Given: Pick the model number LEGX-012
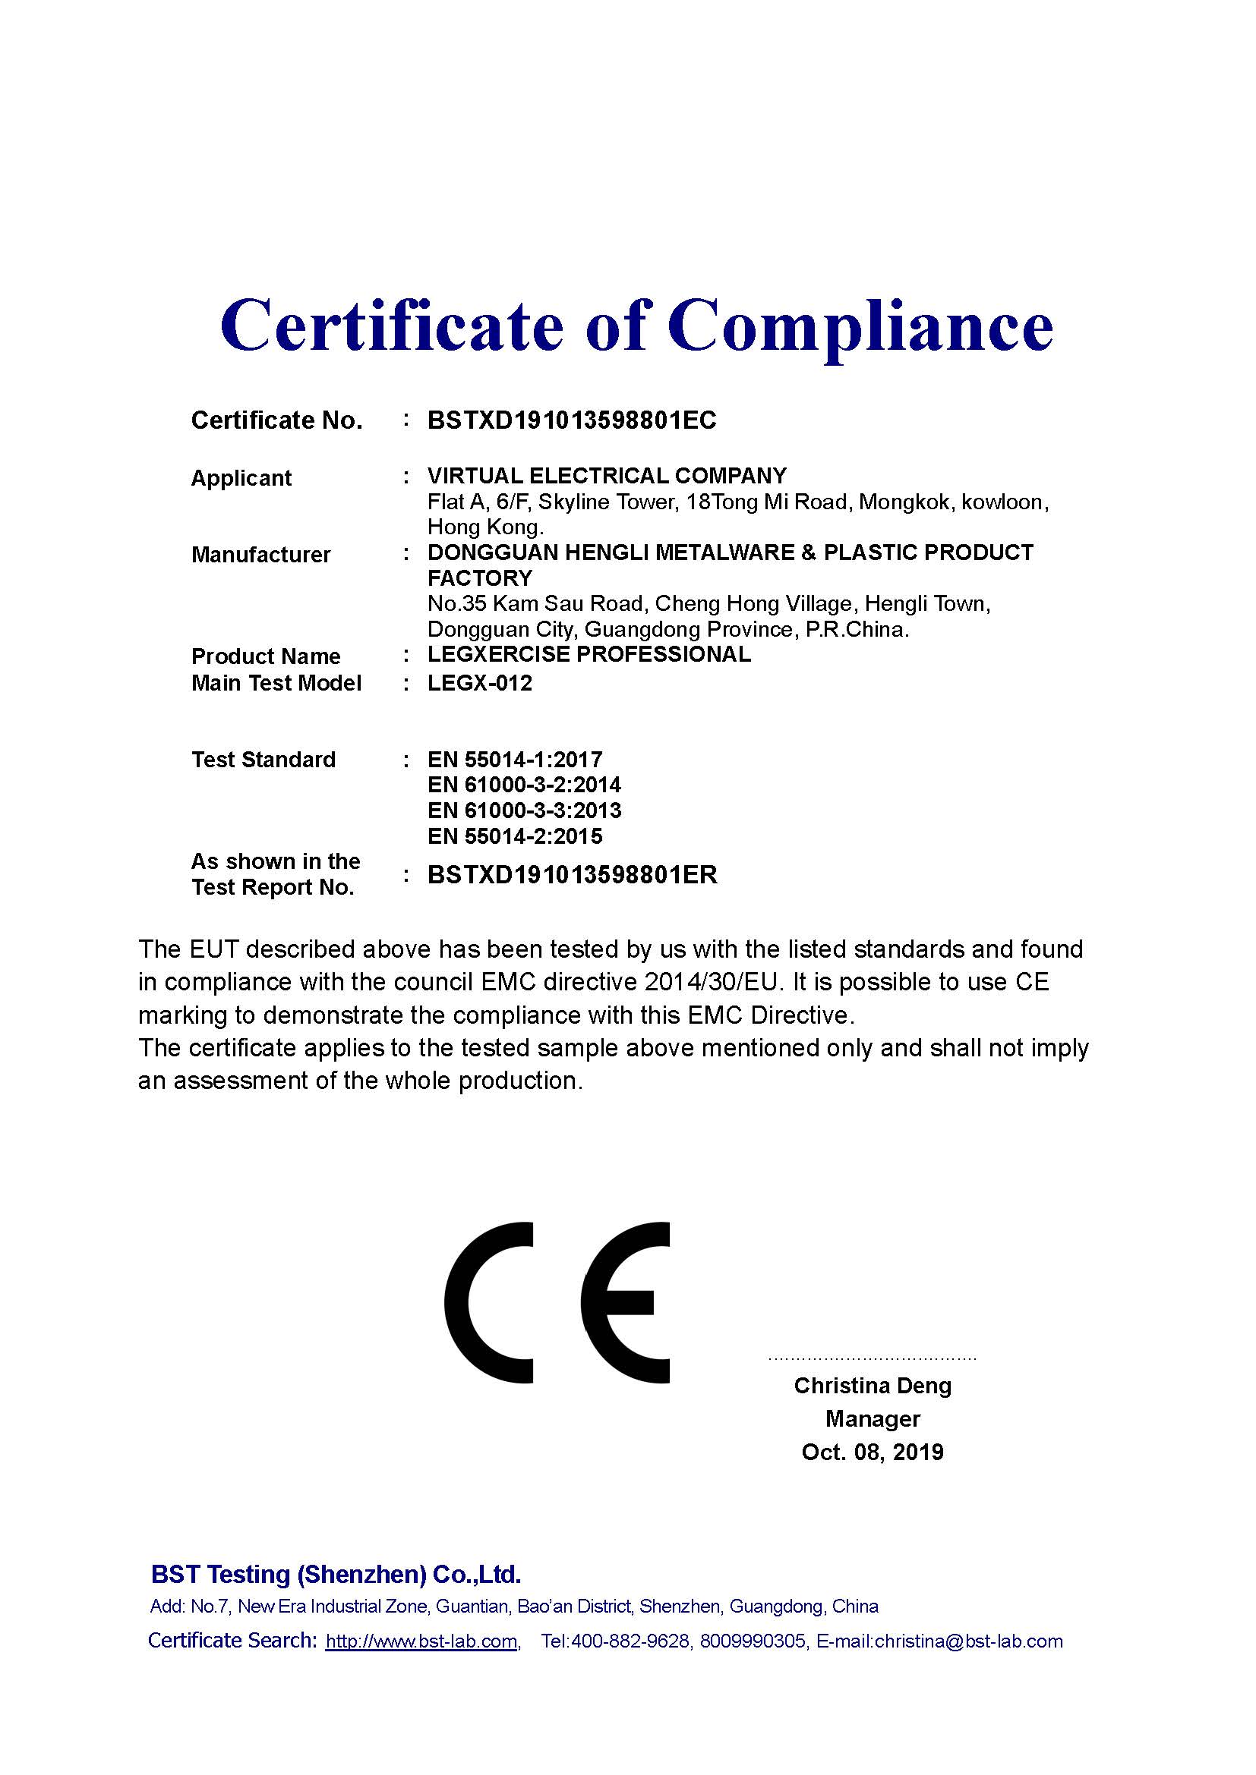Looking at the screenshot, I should (479, 684).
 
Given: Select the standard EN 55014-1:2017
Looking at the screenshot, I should (514, 760).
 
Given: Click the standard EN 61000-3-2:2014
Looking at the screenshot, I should (524, 785).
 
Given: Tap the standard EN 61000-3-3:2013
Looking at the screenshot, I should (524, 811).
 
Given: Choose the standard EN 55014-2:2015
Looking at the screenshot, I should (514, 836).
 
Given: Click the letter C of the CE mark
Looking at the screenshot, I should (490, 1303).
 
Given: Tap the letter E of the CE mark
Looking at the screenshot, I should (626, 1303).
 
